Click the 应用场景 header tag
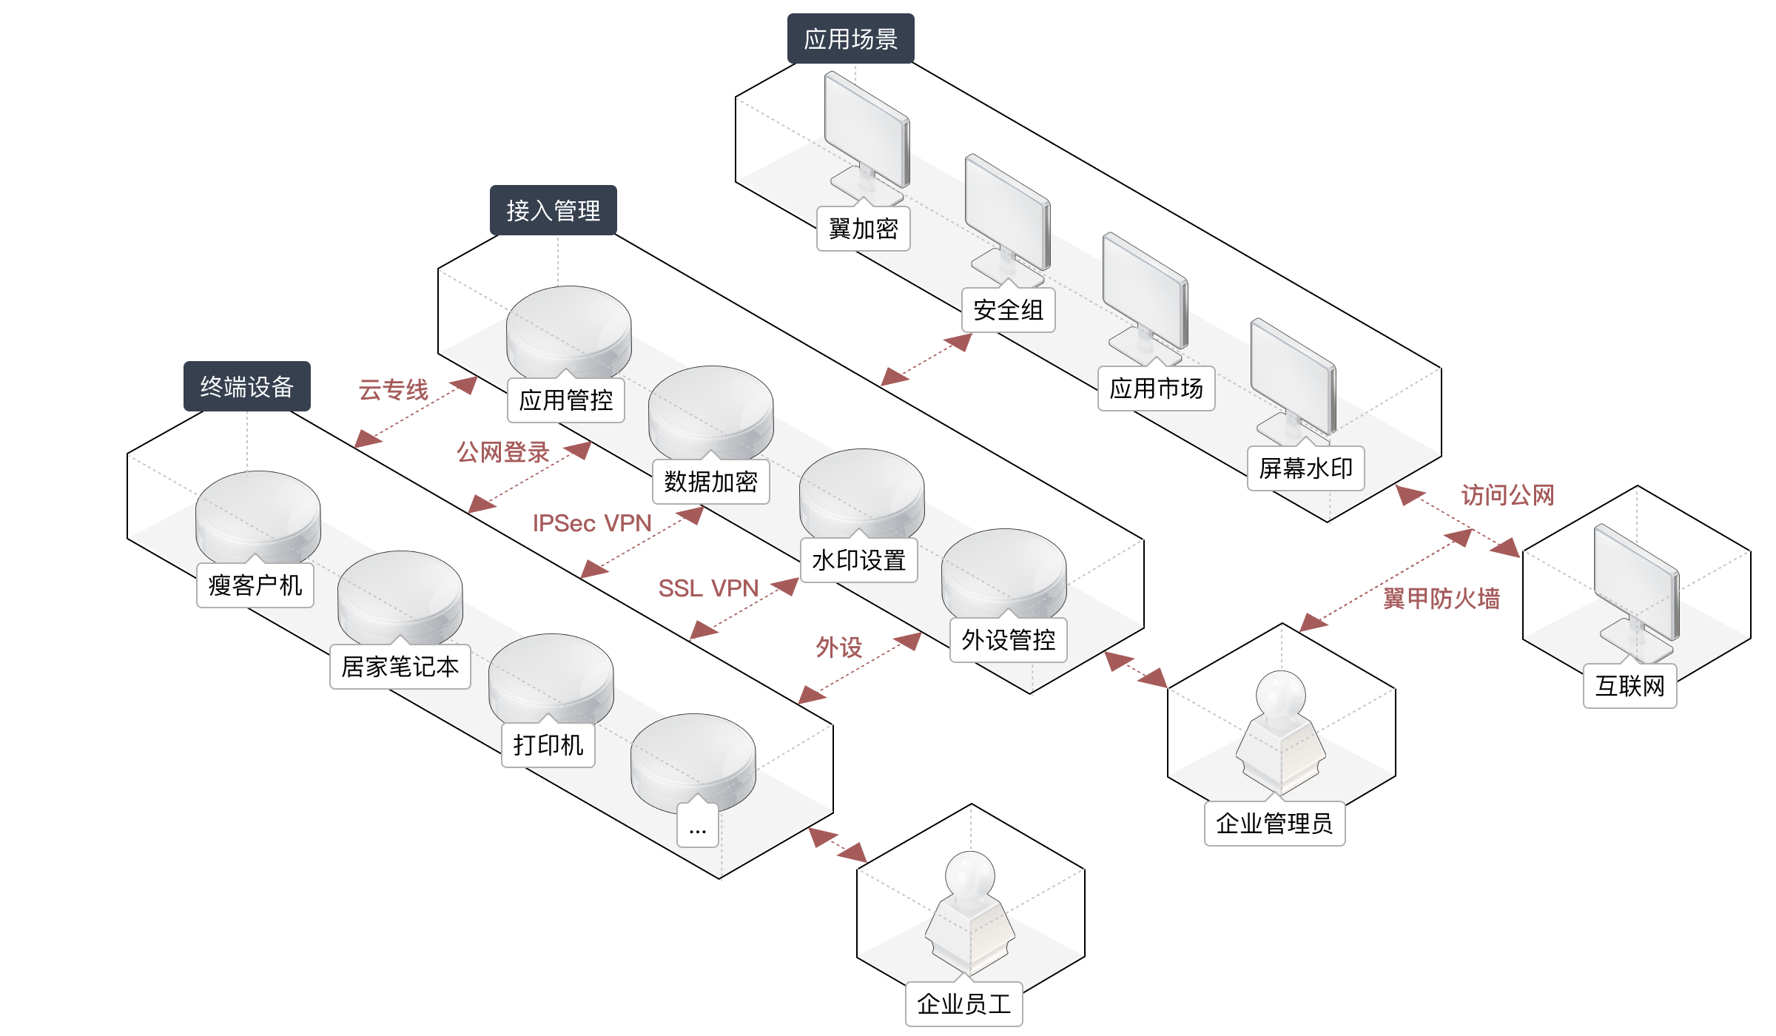click(x=850, y=38)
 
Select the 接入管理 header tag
click(x=553, y=210)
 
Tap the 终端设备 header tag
click(x=246, y=386)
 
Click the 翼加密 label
click(x=863, y=229)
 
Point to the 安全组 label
click(x=1008, y=310)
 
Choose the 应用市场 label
click(x=1156, y=388)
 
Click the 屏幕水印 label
click(x=1305, y=468)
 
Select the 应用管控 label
click(x=566, y=400)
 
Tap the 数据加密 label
click(x=710, y=482)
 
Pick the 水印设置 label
click(x=858, y=560)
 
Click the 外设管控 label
click(x=1008, y=640)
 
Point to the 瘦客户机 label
click(x=255, y=585)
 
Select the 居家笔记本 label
click(x=400, y=667)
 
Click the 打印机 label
click(x=548, y=745)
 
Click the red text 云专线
click(x=393, y=390)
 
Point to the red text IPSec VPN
click(x=592, y=523)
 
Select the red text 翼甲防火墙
click(x=1442, y=598)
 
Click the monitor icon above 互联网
click(x=1637, y=588)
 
